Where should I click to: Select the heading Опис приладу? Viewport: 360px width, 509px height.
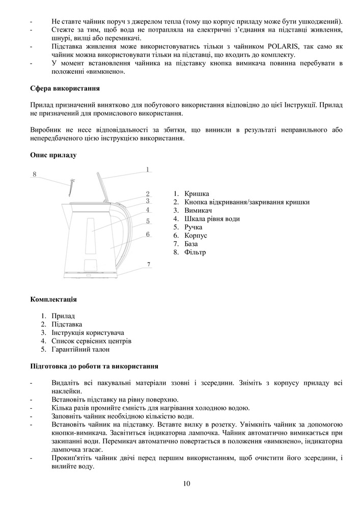coord(54,155)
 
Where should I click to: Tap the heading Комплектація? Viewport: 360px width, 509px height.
coord(54,299)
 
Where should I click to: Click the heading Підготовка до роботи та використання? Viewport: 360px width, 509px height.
coord(94,366)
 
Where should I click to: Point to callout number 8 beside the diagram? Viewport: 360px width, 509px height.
coord(35,174)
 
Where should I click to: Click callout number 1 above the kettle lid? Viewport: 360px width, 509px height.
coord(147,169)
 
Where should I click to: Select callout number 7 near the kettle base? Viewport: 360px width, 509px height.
coord(149,264)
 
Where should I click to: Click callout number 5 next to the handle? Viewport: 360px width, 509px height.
coord(148,221)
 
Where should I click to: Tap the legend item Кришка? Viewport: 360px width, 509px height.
coord(197,193)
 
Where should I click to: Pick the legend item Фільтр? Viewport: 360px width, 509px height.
coord(196,252)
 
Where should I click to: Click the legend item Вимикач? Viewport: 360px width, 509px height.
coord(199,210)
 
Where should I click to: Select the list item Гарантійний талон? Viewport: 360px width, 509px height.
coord(80,350)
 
